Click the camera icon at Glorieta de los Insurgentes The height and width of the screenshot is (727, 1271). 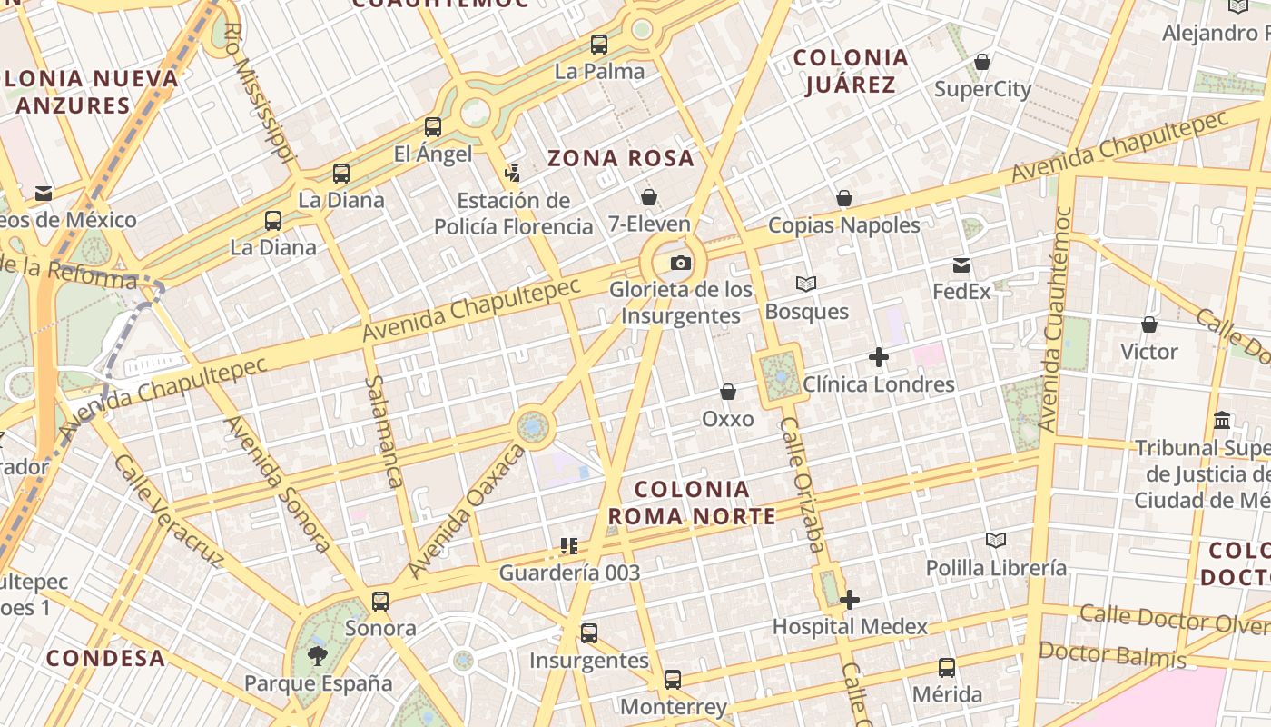tap(680, 264)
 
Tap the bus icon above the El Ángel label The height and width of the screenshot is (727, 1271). tap(433, 127)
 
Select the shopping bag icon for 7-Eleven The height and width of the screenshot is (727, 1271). tap(649, 196)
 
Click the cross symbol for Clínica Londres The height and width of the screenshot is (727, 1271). tap(878, 357)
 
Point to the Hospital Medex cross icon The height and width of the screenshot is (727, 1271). tap(850, 600)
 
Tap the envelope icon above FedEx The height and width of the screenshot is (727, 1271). tap(961, 265)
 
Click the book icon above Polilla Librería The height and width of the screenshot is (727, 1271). tap(996, 541)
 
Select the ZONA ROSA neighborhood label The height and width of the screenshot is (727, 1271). tap(621, 158)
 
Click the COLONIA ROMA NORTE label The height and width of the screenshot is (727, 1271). tap(692, 503)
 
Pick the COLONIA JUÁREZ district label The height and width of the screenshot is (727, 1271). tap(851, 71)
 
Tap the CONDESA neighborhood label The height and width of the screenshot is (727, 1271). tap(106, 658)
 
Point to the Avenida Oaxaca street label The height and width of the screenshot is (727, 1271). tap(468, 511)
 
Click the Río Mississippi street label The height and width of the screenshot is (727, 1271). tap(258, 91)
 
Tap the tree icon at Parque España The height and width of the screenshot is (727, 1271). tap(318, 655)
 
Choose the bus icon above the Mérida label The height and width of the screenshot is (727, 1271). tap(947, 668)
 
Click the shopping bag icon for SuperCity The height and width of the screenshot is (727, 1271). tap(982, 62)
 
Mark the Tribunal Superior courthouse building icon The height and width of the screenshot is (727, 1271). tap(1222, 421)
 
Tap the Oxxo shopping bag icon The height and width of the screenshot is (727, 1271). tap(727, 392)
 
